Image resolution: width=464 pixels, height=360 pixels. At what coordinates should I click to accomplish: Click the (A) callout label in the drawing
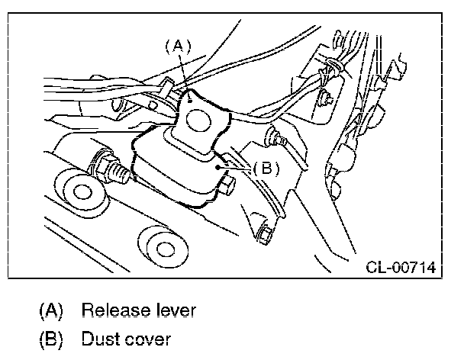click(x=176, y=47)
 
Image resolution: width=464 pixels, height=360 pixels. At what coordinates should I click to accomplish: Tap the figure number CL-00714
click(x=400, y=268)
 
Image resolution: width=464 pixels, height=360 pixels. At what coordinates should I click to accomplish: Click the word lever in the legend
click(x=175, y=310)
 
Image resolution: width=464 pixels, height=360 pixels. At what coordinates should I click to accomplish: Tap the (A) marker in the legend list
click(x=51, y=310)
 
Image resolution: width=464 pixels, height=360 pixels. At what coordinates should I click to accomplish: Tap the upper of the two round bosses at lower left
click(x=78, y=191)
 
